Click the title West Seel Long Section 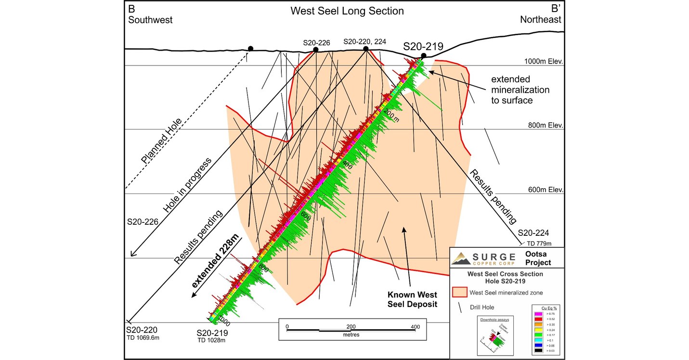point(347,11)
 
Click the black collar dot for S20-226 point(315,50)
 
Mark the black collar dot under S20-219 point(423,56)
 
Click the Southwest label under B point(150,20)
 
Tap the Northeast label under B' point(540,20)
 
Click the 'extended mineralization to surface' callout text point(520,90)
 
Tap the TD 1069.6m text point(143,338)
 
